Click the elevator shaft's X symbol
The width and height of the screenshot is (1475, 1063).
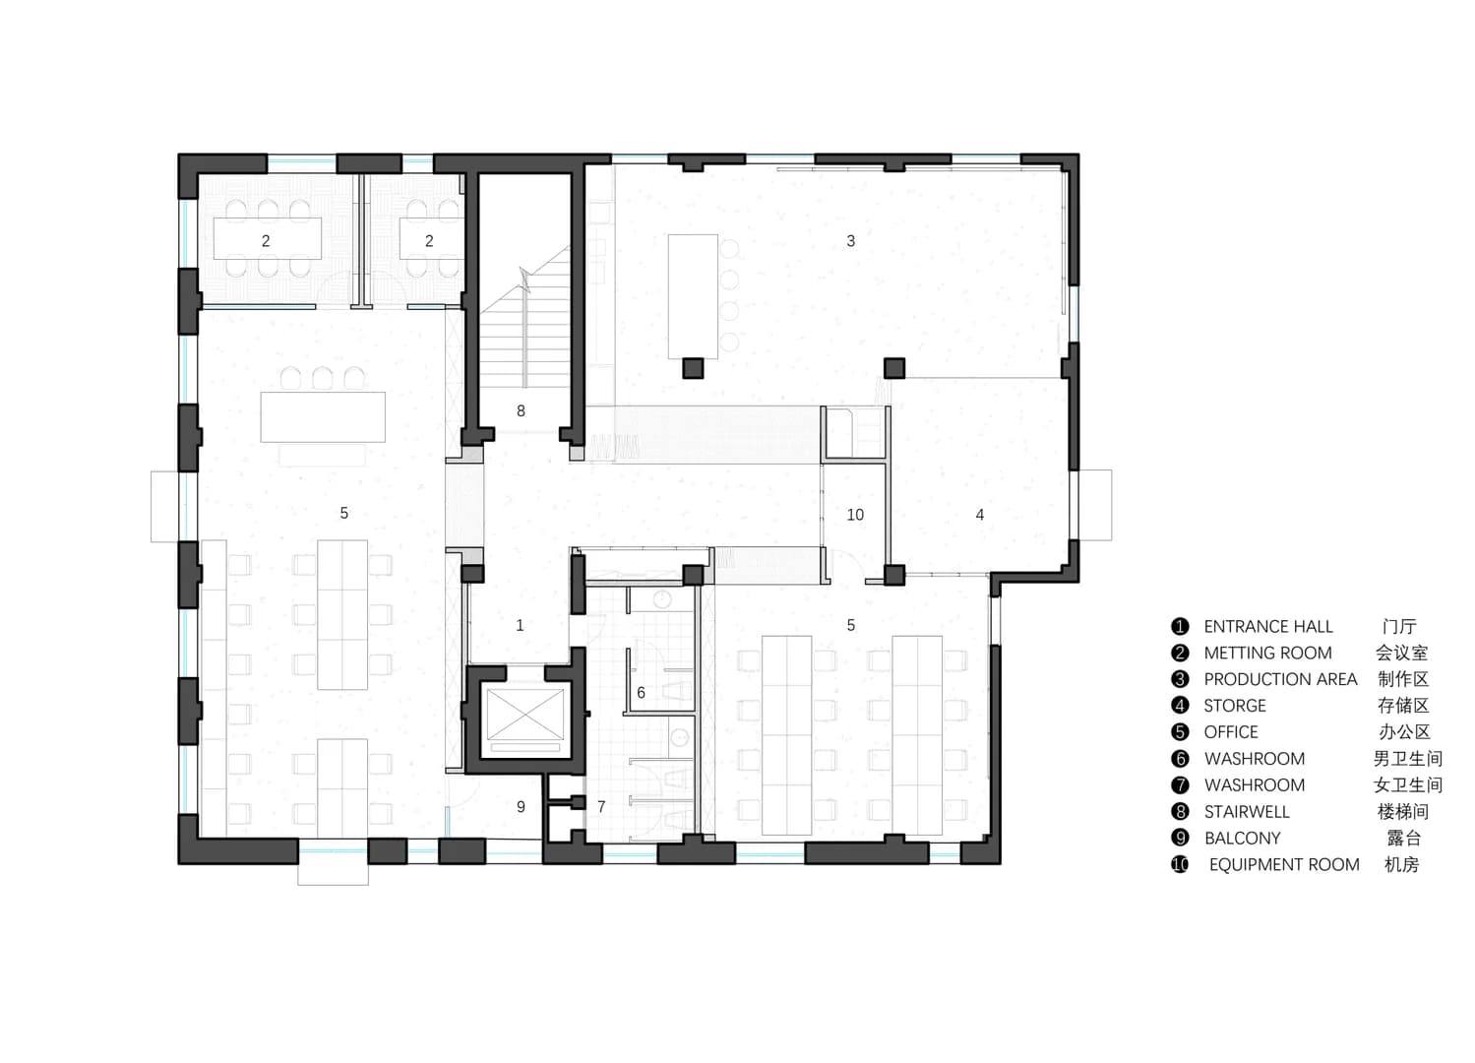click(x=524, y=714)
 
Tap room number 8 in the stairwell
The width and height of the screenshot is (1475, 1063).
click(x=521, y=411)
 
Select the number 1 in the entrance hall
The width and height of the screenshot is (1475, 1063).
click(x=520, y=625)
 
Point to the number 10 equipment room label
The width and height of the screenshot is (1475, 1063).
click(x=855, y=515)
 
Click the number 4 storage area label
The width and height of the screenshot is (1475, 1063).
click(x=980, y=515)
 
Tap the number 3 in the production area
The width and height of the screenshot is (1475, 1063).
click(x=851, y=241)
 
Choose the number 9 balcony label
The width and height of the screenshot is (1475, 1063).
click(x=521, y=806)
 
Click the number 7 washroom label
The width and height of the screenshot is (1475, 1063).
click(x=601, y=806)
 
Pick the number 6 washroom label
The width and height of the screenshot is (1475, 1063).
click(x=641, y=692)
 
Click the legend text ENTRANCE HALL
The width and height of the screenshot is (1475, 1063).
click(x=1267, y=626)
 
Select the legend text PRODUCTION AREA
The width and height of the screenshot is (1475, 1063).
click(x=1280, y=679)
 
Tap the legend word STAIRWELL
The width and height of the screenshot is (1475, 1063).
click(x=1247, y=811)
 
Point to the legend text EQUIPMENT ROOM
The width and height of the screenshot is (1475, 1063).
click(x=1284, y=864)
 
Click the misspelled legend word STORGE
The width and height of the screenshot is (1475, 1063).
click(x=1235, y=706)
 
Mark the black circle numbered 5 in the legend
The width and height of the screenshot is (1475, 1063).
click(x=1180, y=731)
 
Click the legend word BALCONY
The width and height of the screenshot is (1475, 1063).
click(x=1242, y=838)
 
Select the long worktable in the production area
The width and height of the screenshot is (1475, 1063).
click(x=693, y=296)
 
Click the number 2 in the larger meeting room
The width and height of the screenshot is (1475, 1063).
click(x=266, y=241)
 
